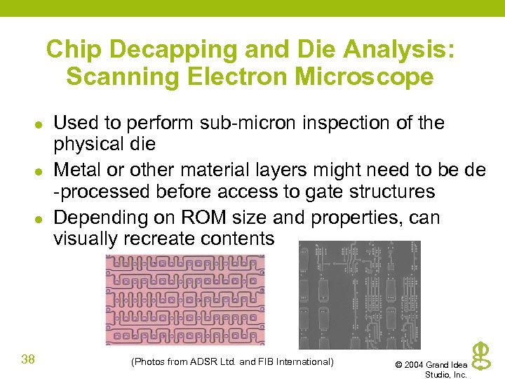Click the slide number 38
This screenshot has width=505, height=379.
(x=28, y=360)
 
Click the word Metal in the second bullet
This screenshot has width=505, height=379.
(x=76, y=170)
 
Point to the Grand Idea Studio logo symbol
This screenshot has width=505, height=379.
(x=480, y=357)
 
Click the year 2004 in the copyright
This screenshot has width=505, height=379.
(x=413, y=365)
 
